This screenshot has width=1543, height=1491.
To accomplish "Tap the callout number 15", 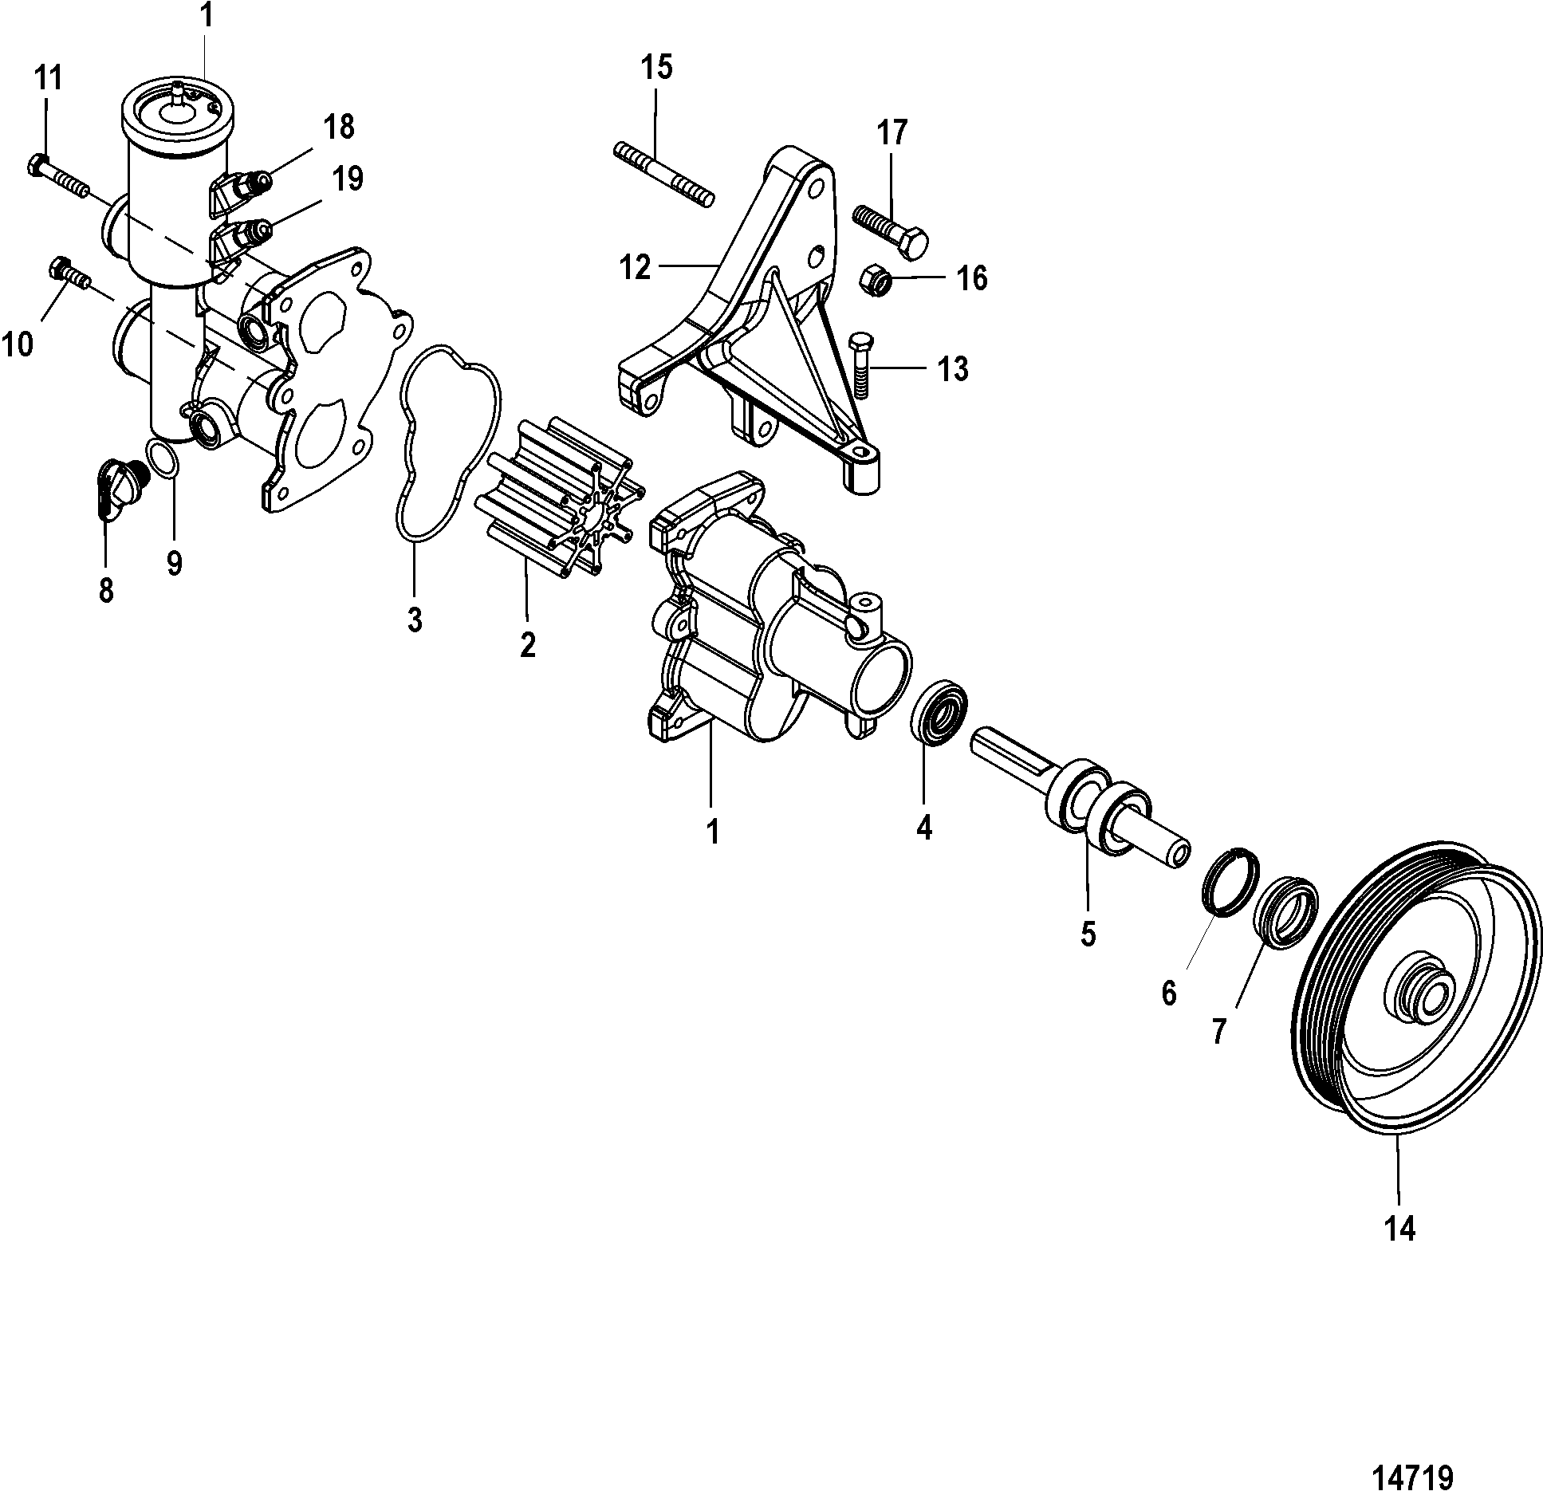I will point(657,68).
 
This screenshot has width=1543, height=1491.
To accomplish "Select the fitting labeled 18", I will point(243,191).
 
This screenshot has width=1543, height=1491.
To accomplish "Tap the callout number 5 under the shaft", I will point(1088,933).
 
